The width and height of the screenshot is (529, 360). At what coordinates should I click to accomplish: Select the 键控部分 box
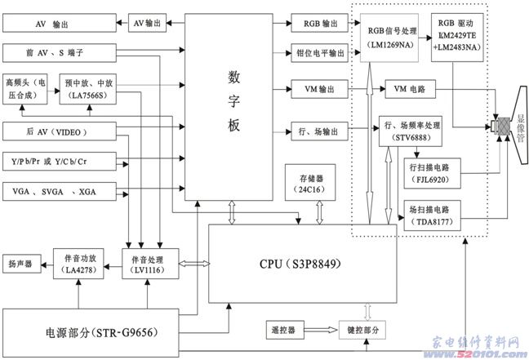click(x=361, y=330)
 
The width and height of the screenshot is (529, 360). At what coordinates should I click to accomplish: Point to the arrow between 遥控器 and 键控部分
click(x=321, y=330)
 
